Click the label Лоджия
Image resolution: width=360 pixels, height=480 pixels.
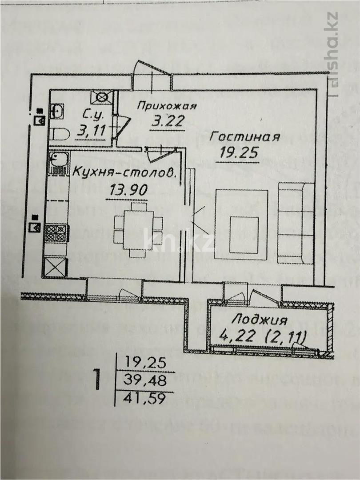(259, 320)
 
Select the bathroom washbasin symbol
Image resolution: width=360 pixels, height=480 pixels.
(57, 111)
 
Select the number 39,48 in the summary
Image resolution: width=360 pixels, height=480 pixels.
(144, 380)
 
